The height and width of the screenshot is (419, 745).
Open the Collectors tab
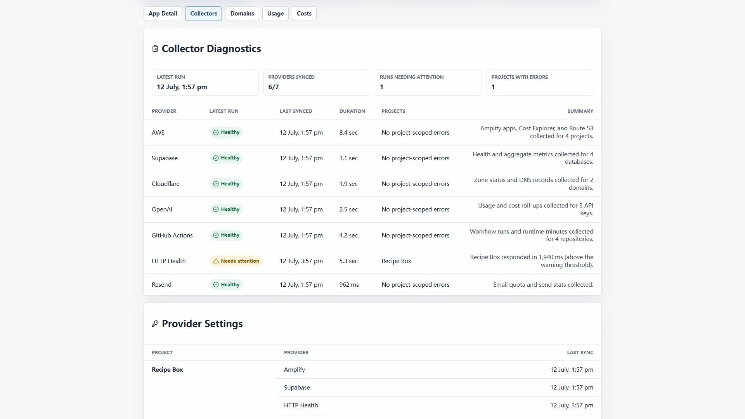coord(203,14)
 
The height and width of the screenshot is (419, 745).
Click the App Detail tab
coord(163,14)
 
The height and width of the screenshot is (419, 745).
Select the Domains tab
coord(242,14)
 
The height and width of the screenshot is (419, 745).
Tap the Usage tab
coord(275,14)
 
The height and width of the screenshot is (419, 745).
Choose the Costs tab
coord(304,14)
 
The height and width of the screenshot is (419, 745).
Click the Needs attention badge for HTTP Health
coord(236,261)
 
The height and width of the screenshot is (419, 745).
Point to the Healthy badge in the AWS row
coord(226,132)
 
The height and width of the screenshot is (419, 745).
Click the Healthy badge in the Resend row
coord(226,285)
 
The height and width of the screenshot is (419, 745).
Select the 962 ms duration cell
coord(349,285)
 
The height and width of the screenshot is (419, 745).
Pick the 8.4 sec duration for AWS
coord(348,132)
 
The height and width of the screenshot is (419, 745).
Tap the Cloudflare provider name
coord(166,184)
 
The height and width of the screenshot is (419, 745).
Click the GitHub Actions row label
coord(172,235)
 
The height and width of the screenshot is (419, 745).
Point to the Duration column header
coord(352,111)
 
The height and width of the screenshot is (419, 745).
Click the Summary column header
coord(580,111)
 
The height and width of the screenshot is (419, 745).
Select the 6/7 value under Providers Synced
coord(274,87)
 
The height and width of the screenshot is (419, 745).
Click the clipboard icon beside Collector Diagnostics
coord(155,49)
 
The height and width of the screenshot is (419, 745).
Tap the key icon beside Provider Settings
coord(155,324)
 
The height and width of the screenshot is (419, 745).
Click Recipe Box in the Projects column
coord(396,261)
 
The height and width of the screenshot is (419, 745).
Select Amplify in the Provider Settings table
coord(295,370)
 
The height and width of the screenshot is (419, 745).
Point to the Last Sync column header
coord(580,353)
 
